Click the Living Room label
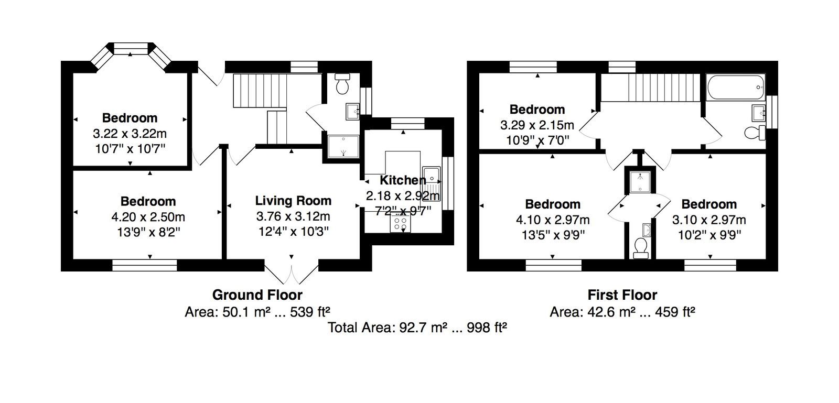pos(293,201)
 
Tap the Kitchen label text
pos(403,180)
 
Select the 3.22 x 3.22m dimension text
pos(130,134)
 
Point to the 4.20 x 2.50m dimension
pos(148,217)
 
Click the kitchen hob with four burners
pos(400,223)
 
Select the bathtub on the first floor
pos(736,87)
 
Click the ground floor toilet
pos(342,83)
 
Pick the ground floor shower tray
pos(343,146)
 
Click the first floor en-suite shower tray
pos(640,182)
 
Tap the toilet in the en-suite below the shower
pos(640,248)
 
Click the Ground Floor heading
pos(257,295)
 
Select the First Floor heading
pos(622,295)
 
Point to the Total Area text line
pos(417,328)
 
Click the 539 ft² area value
pos(310,311)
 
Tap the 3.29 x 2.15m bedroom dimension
pos(537,125)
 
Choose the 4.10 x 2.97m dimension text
pos(553,220)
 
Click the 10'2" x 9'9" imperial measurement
pos(709,235)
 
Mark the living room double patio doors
pos(292,275)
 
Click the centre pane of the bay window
pos(130,49)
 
